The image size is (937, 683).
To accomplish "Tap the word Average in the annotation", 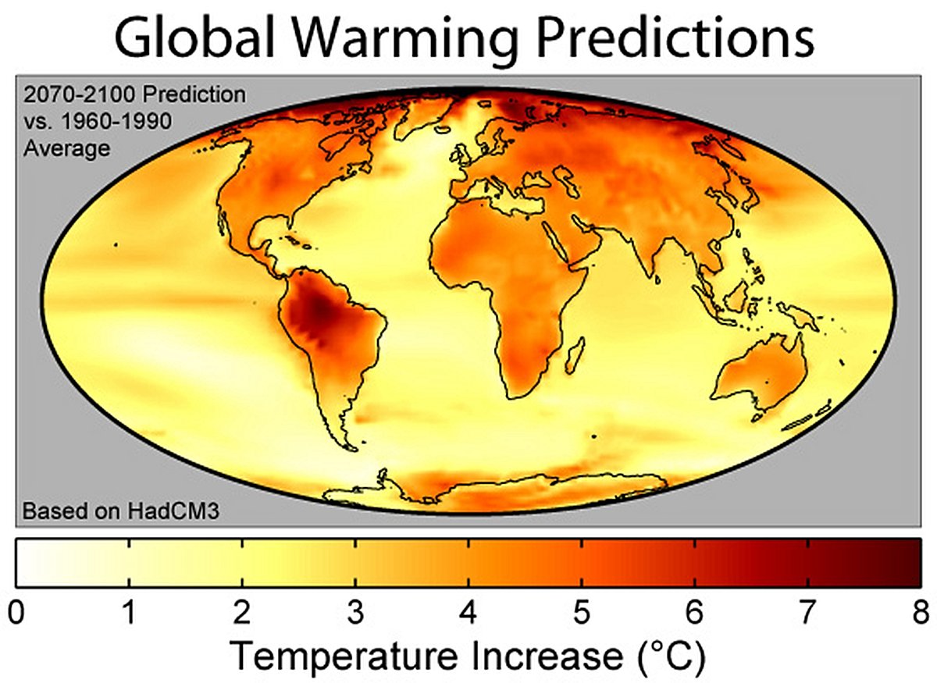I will pos(66,148).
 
